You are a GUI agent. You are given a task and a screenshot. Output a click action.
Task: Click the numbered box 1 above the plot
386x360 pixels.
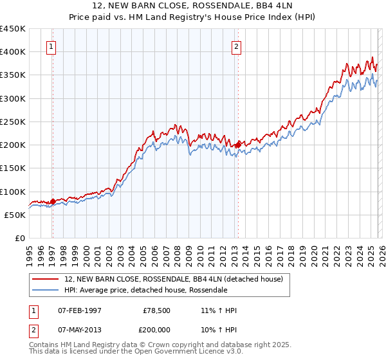51,46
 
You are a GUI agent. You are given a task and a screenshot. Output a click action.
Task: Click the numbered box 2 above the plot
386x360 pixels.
237,46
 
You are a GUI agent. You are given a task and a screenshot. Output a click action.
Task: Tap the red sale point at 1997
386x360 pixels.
53,201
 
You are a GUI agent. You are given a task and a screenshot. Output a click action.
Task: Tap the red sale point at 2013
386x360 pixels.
237,145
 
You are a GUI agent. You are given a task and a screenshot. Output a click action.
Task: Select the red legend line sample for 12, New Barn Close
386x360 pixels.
45,280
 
